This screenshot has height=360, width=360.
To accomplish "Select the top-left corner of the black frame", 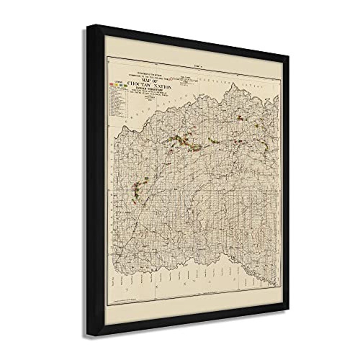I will click(88, 26).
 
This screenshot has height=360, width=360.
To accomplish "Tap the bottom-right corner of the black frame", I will click(288, 311).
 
